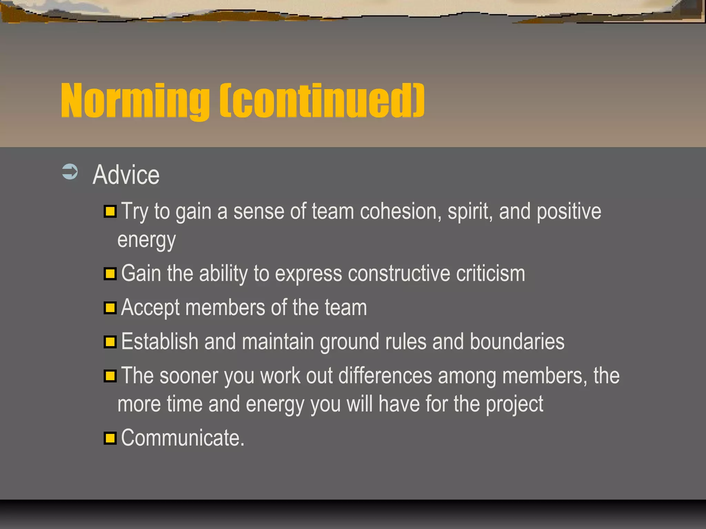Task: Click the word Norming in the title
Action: point(134,101)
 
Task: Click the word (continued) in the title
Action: point(322,101)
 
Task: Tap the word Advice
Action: point(126,175)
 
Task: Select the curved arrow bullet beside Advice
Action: point(70,172)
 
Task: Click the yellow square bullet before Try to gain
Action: point(110,211)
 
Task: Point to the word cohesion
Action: point(401,211)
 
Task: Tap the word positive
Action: point(569,212)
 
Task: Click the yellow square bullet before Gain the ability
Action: point(110,274)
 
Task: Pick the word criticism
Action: point(491,274)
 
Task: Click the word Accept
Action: point(150,308)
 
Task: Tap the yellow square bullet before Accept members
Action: point(110,308)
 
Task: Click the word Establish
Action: point(160,342)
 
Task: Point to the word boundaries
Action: point(517,342)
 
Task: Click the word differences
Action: point(385,376)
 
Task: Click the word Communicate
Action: point(183,438)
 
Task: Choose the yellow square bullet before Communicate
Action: point(110,438)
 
